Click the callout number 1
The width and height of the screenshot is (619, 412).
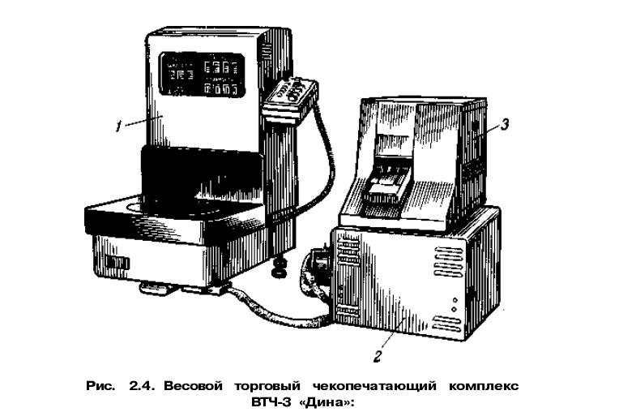click(x=117, y=127)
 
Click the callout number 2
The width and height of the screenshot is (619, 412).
click(x=378, y=356)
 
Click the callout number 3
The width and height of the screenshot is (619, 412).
click(x=505, y=124)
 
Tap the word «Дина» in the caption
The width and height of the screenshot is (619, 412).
click(x=325, y=402)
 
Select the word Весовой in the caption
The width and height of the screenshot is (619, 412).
click(x=193, y=385)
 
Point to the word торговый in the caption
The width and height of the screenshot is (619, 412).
click(x=267, y=386)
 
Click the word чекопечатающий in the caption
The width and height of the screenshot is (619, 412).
click(x=374, y=386)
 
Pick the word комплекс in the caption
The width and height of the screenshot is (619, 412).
click(x=484, y=386)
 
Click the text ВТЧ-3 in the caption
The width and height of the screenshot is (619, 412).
click(x=271, y=402)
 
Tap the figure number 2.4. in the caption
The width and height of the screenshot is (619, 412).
click(x=143, y=385)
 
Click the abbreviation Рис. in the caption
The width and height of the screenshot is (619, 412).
click(x=100, y=385)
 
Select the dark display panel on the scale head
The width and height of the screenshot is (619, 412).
click(x=202, y=75)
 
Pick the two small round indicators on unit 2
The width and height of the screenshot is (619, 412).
click(x=455, y=305)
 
